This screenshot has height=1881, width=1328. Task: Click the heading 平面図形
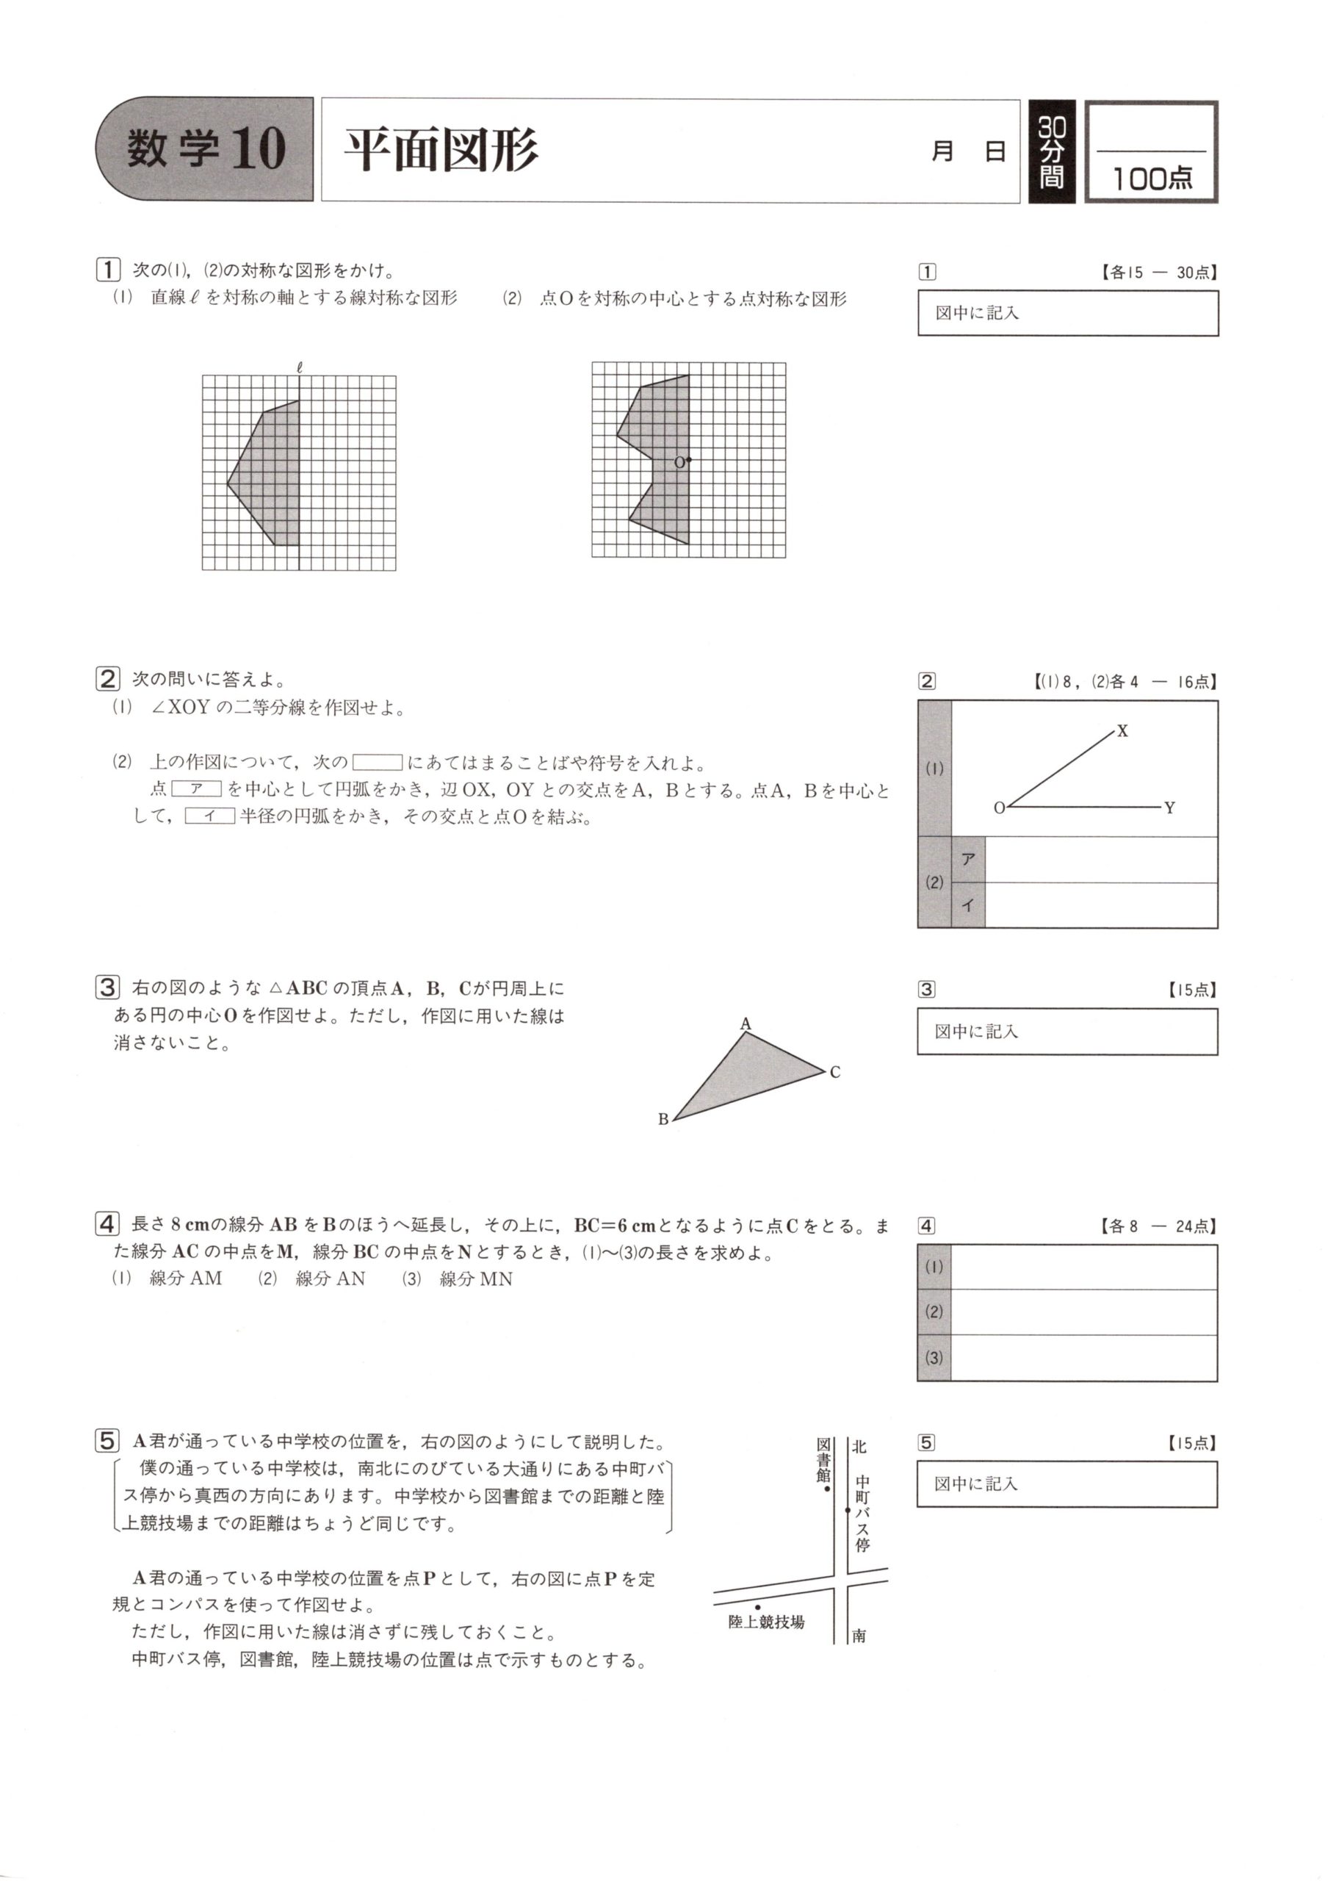441,151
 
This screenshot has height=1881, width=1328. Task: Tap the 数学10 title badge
206,149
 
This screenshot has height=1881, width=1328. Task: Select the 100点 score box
1150,152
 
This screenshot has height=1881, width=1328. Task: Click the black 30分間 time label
1051,151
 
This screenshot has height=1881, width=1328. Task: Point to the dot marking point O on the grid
688,460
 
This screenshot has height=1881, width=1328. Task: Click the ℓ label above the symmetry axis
300,367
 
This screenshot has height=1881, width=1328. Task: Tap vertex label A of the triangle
745,1024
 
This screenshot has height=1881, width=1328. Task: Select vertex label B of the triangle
663,1119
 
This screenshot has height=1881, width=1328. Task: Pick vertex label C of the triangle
834,1073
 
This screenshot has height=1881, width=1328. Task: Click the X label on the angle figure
1122,731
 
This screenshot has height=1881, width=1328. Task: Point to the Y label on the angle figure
1169,808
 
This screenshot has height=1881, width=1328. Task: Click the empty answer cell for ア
1100,860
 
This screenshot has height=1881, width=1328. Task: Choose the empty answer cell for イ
1100,905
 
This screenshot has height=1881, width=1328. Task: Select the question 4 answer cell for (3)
1083,1358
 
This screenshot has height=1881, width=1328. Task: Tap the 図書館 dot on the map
828,1489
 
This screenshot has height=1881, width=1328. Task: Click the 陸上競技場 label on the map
765,1622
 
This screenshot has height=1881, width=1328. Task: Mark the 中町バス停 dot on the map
848,1509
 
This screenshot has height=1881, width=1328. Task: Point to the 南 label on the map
859,1636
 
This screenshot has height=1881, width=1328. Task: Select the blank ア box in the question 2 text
197,789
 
